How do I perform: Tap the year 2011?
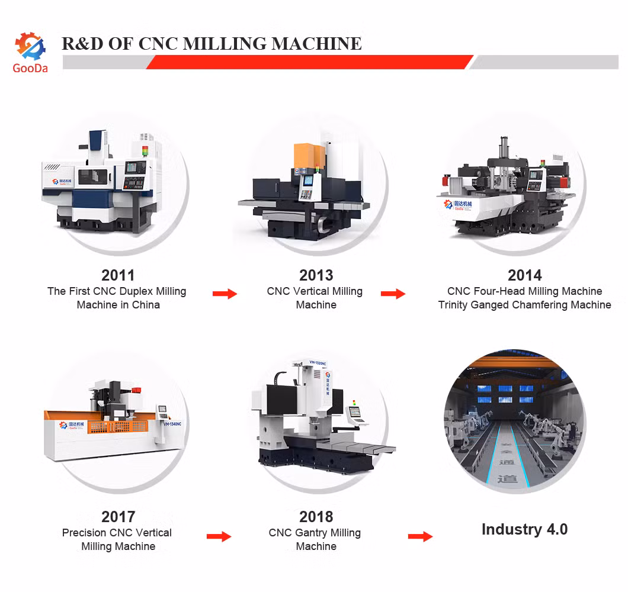[x=118, y=275]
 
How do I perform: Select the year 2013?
[x=316, y=275]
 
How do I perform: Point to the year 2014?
[x=524, y=275]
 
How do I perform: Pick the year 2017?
[x=118, y=517]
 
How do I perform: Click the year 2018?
[x=316, y=517]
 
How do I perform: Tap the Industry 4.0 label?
[x=524, y=529]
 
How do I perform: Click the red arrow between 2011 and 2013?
[x=225, y=293]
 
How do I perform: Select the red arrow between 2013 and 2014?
[x=393, y=293]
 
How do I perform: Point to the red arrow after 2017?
[x=219, y=536]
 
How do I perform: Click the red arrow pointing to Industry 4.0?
[x=420, y=536]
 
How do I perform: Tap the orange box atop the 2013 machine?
[x=306, y=156]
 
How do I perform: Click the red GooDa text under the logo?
[x=30, y=68]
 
